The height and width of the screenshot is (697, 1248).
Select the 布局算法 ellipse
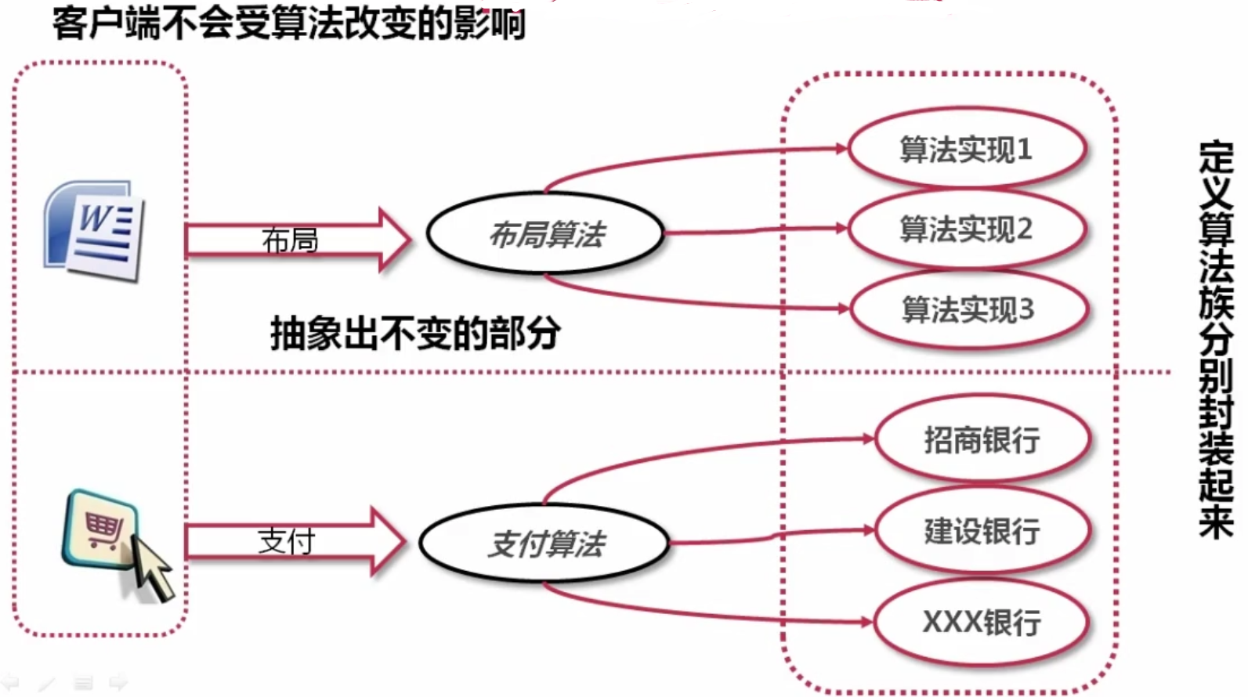coord(546,233)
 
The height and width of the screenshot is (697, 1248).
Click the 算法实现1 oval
coord(967,149)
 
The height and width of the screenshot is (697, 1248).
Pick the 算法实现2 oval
coord(967,229)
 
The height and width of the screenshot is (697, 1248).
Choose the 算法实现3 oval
coord(968,310)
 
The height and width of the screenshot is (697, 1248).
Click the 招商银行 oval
coord(982,440)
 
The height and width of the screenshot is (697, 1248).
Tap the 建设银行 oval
coord(982,531)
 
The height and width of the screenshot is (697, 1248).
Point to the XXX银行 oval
coord(982,623)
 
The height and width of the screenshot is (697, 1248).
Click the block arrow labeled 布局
coord(298,240)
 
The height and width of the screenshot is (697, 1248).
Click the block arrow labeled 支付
coord(294,541)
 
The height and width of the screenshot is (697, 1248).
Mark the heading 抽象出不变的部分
coord(415,333)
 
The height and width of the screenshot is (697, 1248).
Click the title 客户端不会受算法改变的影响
coord(289,23)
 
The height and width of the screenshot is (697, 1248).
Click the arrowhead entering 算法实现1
coord(842,148)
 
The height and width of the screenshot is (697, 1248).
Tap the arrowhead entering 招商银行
coord(868,439)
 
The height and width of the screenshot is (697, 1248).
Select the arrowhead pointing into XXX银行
coord(866,623)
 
